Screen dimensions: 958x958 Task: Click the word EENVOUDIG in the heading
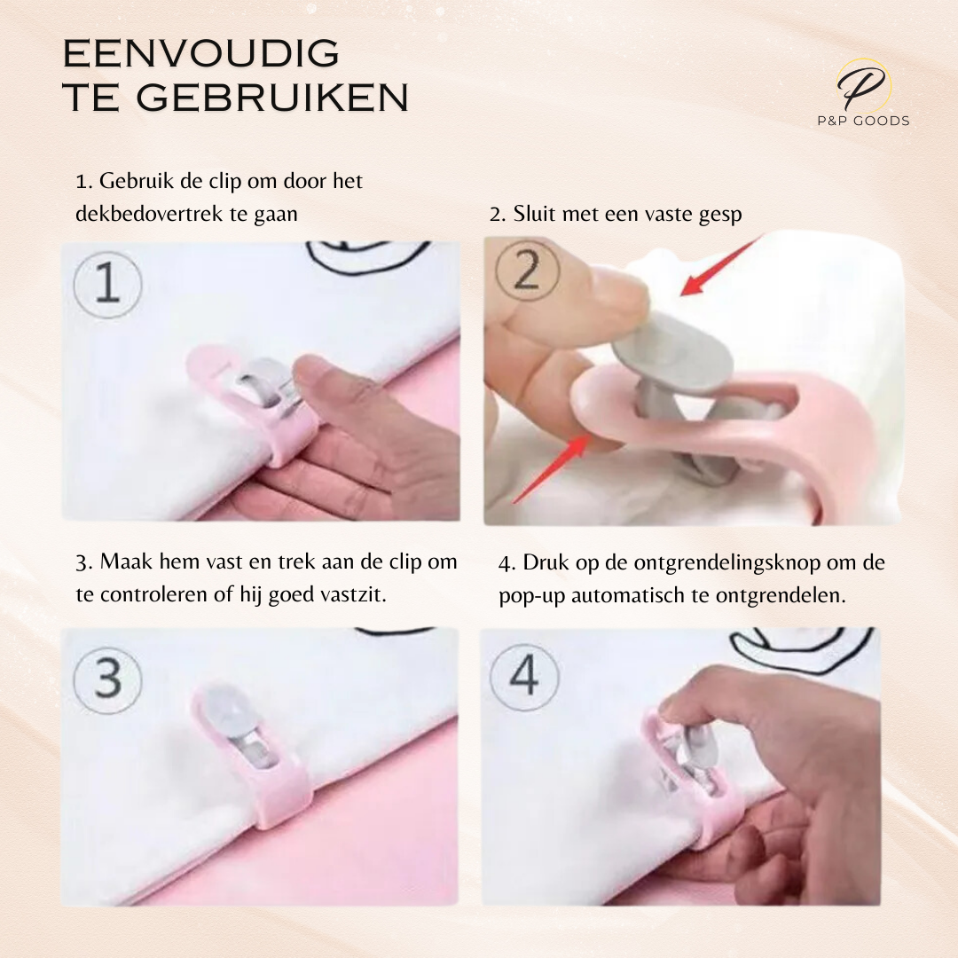[x=201, y=53]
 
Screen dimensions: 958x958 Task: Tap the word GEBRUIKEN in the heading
[x=272, y=98]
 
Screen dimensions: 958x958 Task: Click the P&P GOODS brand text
[x=863, y=121]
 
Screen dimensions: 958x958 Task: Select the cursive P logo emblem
[x=863, y=85]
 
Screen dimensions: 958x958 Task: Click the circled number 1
[x=107, y=285]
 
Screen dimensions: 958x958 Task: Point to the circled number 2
[x=527, y=270]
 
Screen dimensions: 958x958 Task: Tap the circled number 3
[x=107, y=679]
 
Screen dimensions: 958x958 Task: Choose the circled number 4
[x=524, y=676]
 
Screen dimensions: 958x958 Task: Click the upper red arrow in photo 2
[x=721, y=266]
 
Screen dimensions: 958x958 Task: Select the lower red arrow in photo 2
[x=551, y=467]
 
